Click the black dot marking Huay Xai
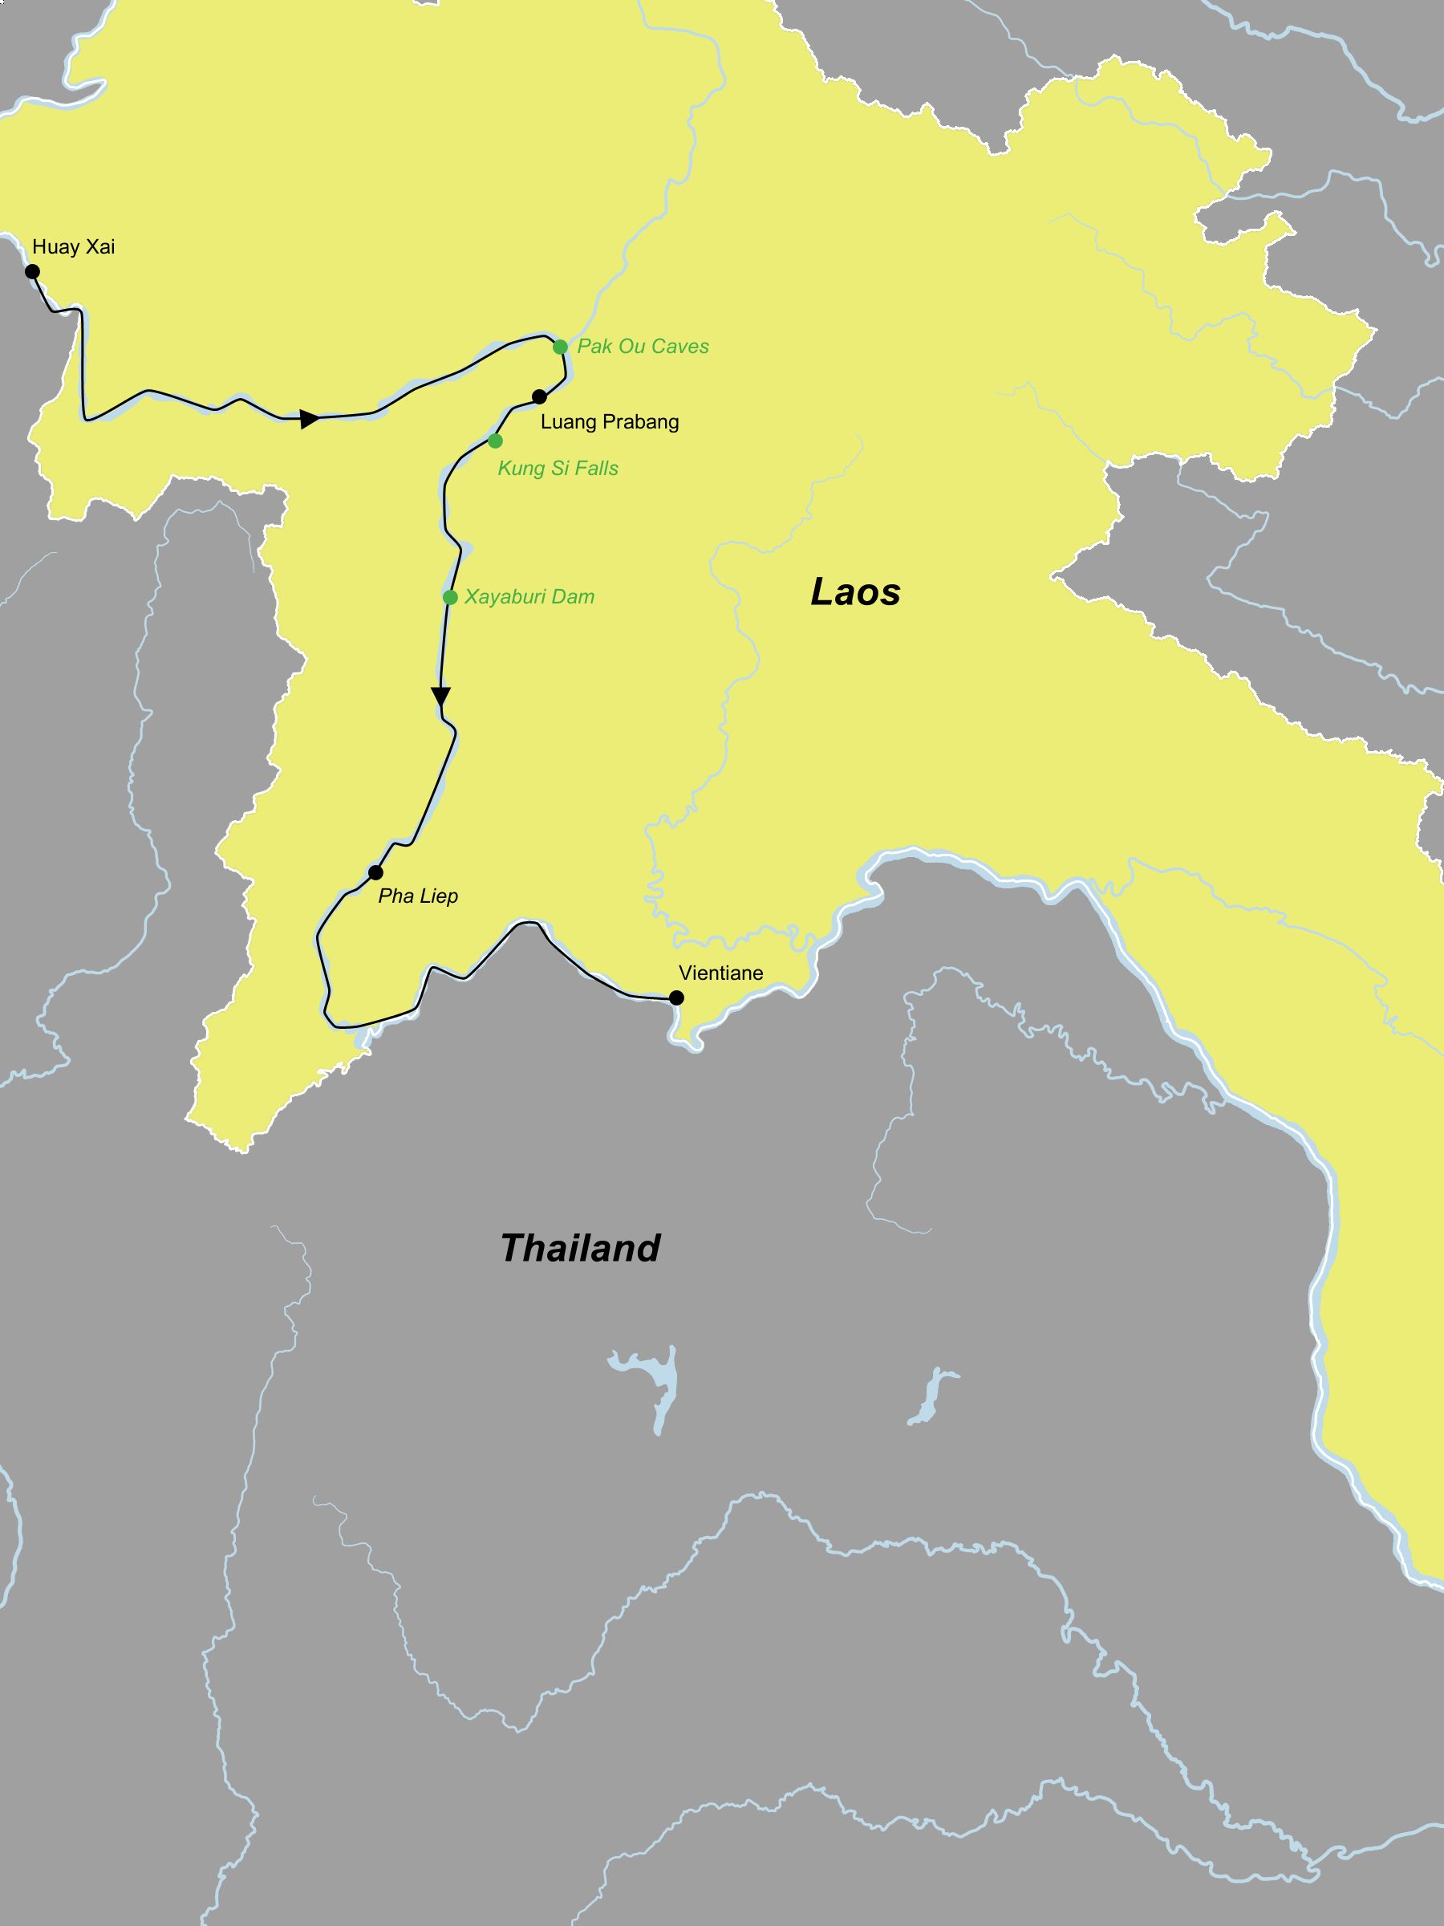[x=32, y=272]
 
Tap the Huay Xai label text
[x=73, y=247]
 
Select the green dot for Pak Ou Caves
[x=561, y=347]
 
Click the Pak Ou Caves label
[x=643, y=347]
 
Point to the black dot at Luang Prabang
[x=540, y=397]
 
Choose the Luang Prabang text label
[x=609, y=422]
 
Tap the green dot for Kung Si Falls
[x=495, y=441]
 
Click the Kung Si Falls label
[x=558, y=469]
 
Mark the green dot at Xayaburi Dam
[x=450, y=597]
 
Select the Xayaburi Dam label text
[x=529, y=597]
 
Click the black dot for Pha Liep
[x=376, y=872]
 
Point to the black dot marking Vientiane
[x=676, y=998]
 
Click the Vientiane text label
[x=720, y=973]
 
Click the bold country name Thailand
[x=581, y=1249]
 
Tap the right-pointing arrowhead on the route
[x=309, y=419]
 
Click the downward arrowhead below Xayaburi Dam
[x=441, y=697]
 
